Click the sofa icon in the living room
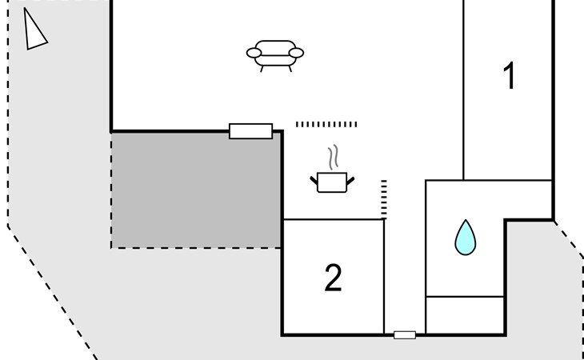[x=275, y=56]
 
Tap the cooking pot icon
[x=332, y=182]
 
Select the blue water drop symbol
[x=465, y=238]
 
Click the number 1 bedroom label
[x=509, y=75]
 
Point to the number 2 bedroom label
[x=333, y=278]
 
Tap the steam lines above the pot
[x=334, y=157]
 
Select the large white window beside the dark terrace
[x=250, y=131]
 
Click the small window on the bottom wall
[x=405, y=335]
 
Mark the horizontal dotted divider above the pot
[x=326, y=124]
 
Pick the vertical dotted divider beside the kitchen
[x=384, y=199]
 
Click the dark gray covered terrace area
[x=196, y=190]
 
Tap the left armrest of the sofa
[x=254, y=53]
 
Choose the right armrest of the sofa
[x=296, y=53]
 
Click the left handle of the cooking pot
[x=314, y=181]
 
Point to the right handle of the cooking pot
[x=350, y=181]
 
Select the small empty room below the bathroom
[x=465, y=315]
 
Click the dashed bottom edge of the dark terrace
[x=196, y=248]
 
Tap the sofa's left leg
[x=262, y=69]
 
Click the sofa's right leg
[x=290, y=69]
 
